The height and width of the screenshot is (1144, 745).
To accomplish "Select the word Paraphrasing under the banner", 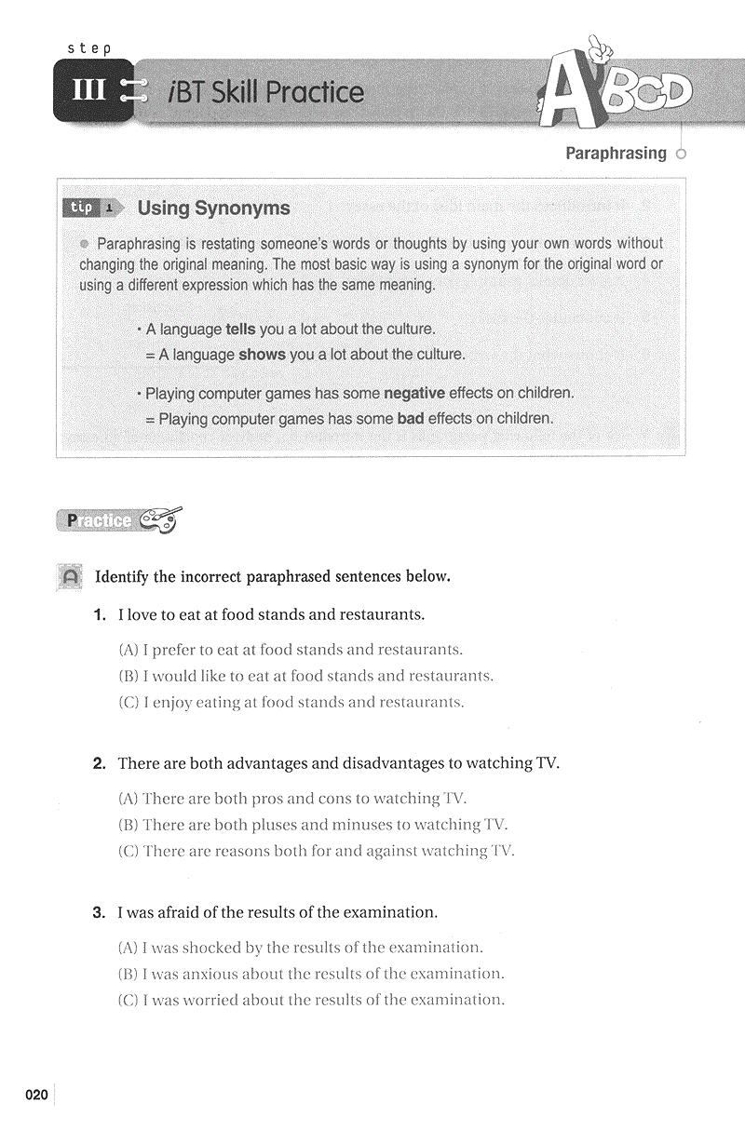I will tap(616, 154).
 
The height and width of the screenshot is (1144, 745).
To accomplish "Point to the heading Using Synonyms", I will tap(213, 208).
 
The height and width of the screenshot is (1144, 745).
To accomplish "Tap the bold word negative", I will tap(414, 393).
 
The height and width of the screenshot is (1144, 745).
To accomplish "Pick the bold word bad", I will tap(411, 419).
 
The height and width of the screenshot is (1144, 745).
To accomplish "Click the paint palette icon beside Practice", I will tap(160, 519).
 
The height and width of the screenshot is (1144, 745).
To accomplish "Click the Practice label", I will tap(99, 520).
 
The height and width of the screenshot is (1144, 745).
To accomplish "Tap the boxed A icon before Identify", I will tap(69, 577).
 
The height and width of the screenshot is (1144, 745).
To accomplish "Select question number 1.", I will tap(101, 614).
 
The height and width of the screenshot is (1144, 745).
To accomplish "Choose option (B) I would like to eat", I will tap(306, 676).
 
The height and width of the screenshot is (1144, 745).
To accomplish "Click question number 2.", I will tap(101, 763).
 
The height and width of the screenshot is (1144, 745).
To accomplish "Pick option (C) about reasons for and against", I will tap(317, 851).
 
